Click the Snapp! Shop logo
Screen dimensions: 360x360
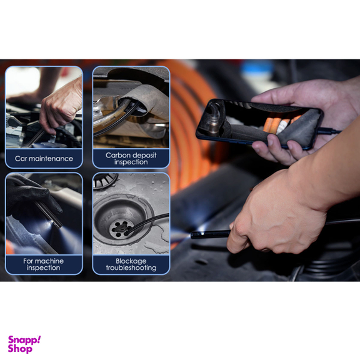point(24,344)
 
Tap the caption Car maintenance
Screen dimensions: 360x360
point(44,158)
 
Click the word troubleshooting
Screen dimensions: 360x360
point(131,267)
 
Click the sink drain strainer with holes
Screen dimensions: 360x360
point(121,229)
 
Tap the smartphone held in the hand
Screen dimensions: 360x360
point(259,124)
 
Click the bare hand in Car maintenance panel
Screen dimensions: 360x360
point(61,106)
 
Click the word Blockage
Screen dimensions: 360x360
point(131,261)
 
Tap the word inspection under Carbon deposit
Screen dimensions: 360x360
point(131,162)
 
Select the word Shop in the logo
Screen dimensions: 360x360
point(20,349)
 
